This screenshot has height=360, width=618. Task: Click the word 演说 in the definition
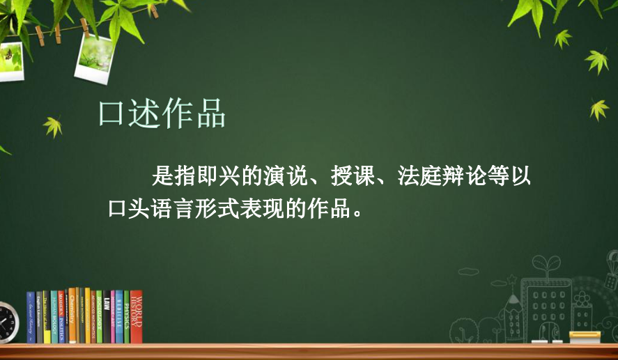coord(286,177)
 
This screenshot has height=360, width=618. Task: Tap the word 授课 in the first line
coord(353,177)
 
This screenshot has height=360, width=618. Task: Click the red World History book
coord(137,317)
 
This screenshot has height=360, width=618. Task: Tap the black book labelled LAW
coord(106,318)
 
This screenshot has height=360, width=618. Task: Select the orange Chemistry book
coord(72,316)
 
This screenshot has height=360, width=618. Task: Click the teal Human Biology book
coord(55,318)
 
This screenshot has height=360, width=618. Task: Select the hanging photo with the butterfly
coord(10,58)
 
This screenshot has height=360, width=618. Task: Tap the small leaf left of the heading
coord(53,126)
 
